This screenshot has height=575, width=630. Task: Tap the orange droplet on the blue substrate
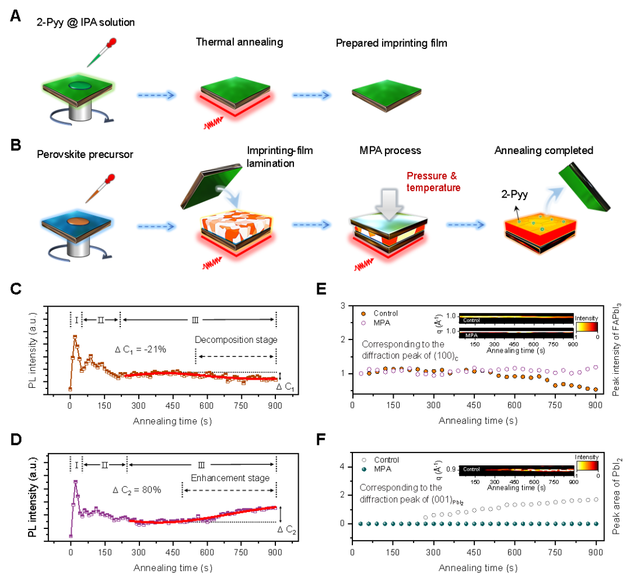76,222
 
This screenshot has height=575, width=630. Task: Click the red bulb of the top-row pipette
111,43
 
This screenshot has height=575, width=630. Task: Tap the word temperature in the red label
434,188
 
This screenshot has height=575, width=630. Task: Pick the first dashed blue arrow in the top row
157,95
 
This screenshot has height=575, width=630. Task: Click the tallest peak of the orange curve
75,336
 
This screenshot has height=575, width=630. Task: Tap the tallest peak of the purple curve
75,482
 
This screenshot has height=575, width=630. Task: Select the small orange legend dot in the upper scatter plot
363,314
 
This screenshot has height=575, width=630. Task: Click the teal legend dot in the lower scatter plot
364,469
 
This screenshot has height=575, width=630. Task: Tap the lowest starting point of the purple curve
71,535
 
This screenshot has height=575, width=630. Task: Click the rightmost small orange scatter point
596,389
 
